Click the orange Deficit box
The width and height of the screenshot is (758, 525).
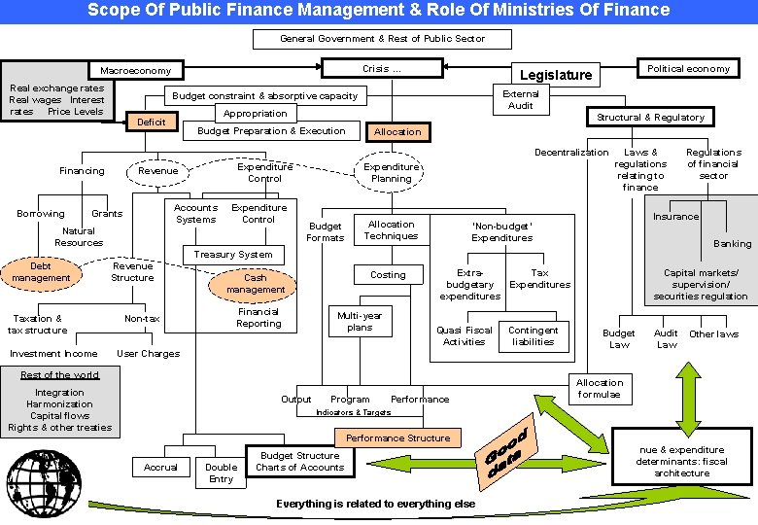151,122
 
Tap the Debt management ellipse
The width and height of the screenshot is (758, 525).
41,272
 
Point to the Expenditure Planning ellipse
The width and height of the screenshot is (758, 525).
392,172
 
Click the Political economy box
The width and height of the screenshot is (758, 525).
688,69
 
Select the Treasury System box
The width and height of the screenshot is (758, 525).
233,255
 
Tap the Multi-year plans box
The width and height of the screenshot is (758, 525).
360,322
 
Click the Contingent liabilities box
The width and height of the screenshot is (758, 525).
534,336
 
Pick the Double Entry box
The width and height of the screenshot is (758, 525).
221,472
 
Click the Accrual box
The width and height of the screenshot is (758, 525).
160,468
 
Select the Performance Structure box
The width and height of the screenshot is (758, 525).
397,438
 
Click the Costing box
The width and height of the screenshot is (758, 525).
388,275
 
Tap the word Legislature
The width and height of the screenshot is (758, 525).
555,76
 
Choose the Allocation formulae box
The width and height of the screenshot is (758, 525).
600,389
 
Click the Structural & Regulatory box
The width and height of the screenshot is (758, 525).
650,118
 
